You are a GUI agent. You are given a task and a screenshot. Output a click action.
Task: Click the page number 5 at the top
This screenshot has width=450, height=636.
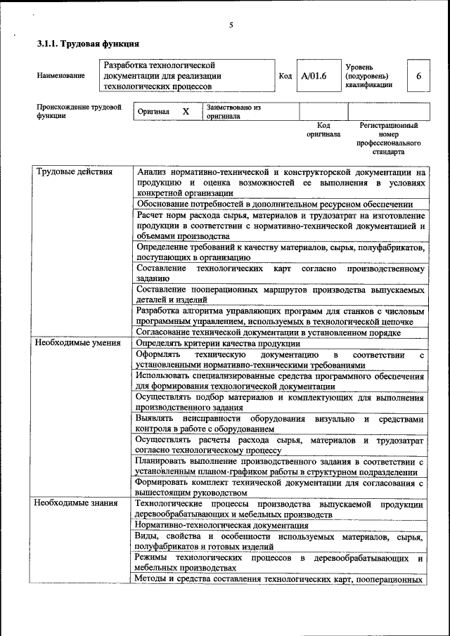tap(231, 26)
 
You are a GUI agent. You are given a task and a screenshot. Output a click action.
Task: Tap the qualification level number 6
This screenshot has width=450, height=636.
tap(419, 75)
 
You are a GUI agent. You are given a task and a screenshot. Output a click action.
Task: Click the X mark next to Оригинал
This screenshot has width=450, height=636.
tap(186, 112)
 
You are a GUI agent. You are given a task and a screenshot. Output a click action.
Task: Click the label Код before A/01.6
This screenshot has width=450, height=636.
tap(285, 75)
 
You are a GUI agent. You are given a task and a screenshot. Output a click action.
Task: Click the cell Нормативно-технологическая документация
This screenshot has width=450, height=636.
tap(212, 525)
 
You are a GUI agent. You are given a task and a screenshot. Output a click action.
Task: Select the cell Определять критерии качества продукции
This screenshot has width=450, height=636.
tap(218, 344)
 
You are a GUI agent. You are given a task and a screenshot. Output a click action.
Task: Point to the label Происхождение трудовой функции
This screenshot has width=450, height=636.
tap(79, 112)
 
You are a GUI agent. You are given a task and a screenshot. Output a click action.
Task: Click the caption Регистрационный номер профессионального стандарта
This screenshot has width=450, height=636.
tap(388, 138)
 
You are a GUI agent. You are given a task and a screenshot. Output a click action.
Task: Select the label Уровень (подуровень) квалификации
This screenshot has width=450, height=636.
tap(369, 75)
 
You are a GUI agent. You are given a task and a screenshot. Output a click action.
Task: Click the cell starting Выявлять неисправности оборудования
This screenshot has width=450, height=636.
tap(280, 424)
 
